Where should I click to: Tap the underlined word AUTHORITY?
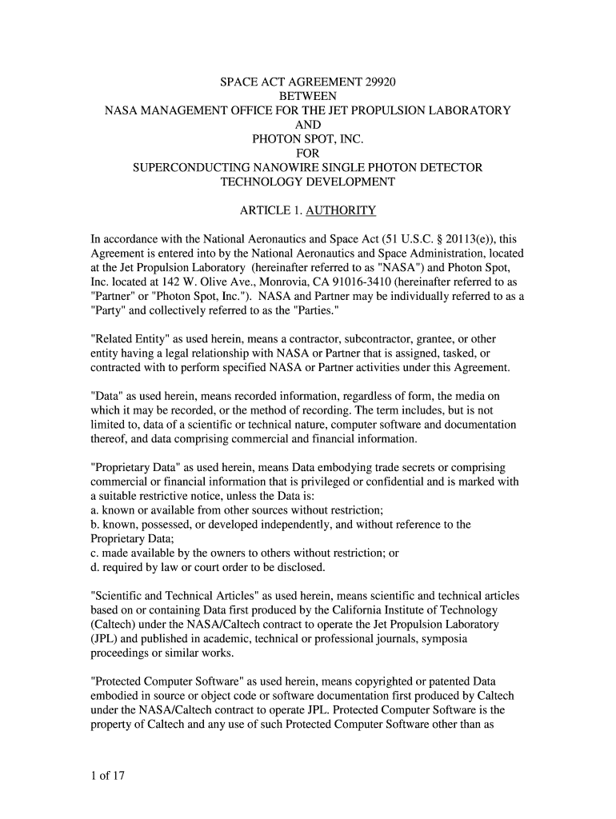tap(342, 210)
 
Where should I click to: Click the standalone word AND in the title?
tap(308, 125)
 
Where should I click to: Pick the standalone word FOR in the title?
tap(308, 154)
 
